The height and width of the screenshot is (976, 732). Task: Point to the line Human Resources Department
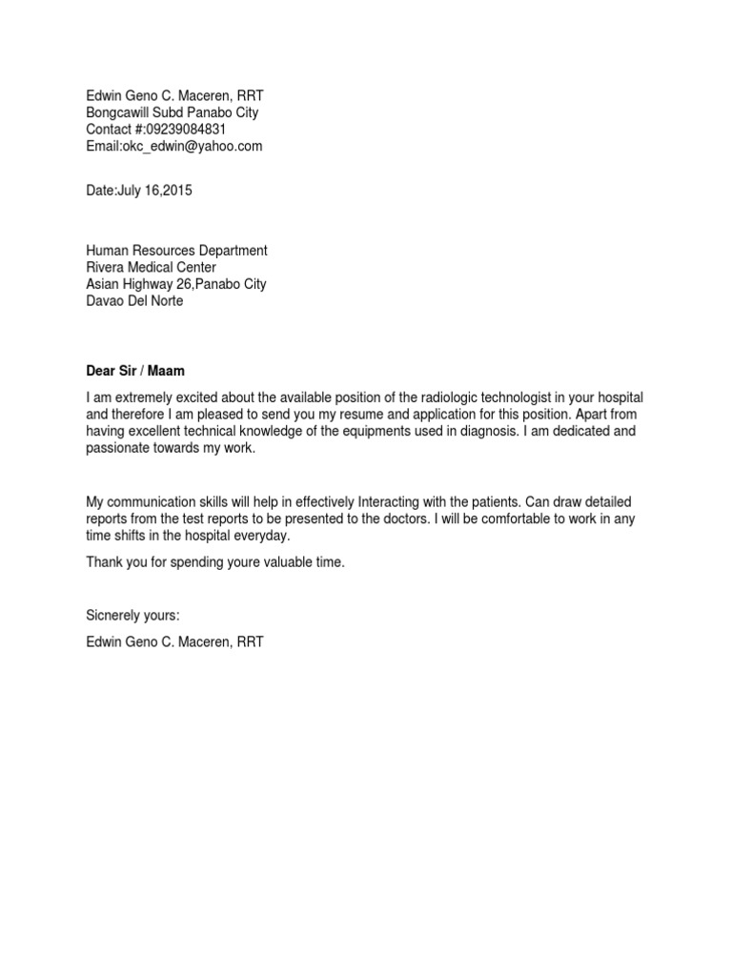(x=176, y=251)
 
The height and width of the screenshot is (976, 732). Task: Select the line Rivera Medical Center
(x=151, y=268)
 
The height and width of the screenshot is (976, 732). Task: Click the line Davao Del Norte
(x=134, y=301)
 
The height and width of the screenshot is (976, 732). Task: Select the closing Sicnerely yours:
(x=132, y=616)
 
